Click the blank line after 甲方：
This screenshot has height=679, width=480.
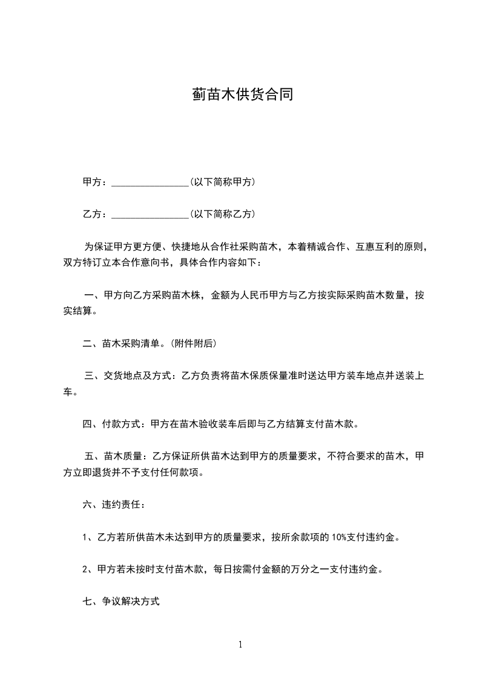pyautogui.click(x=150, y=182)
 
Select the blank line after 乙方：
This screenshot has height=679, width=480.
pyautogui.click(x=150, y=214)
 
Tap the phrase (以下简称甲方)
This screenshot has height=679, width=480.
pyautogui.click(x=222, y=182)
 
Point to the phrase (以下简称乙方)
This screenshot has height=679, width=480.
pyautogui.click(x=222, y=214)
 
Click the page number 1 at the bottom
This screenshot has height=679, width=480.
pyautogui.click(x=240, y=645)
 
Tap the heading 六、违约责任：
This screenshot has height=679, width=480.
pyautogui.click(x=114, y=504)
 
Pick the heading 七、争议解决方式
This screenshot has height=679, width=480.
pyautogui.click(x=121, y=602)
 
